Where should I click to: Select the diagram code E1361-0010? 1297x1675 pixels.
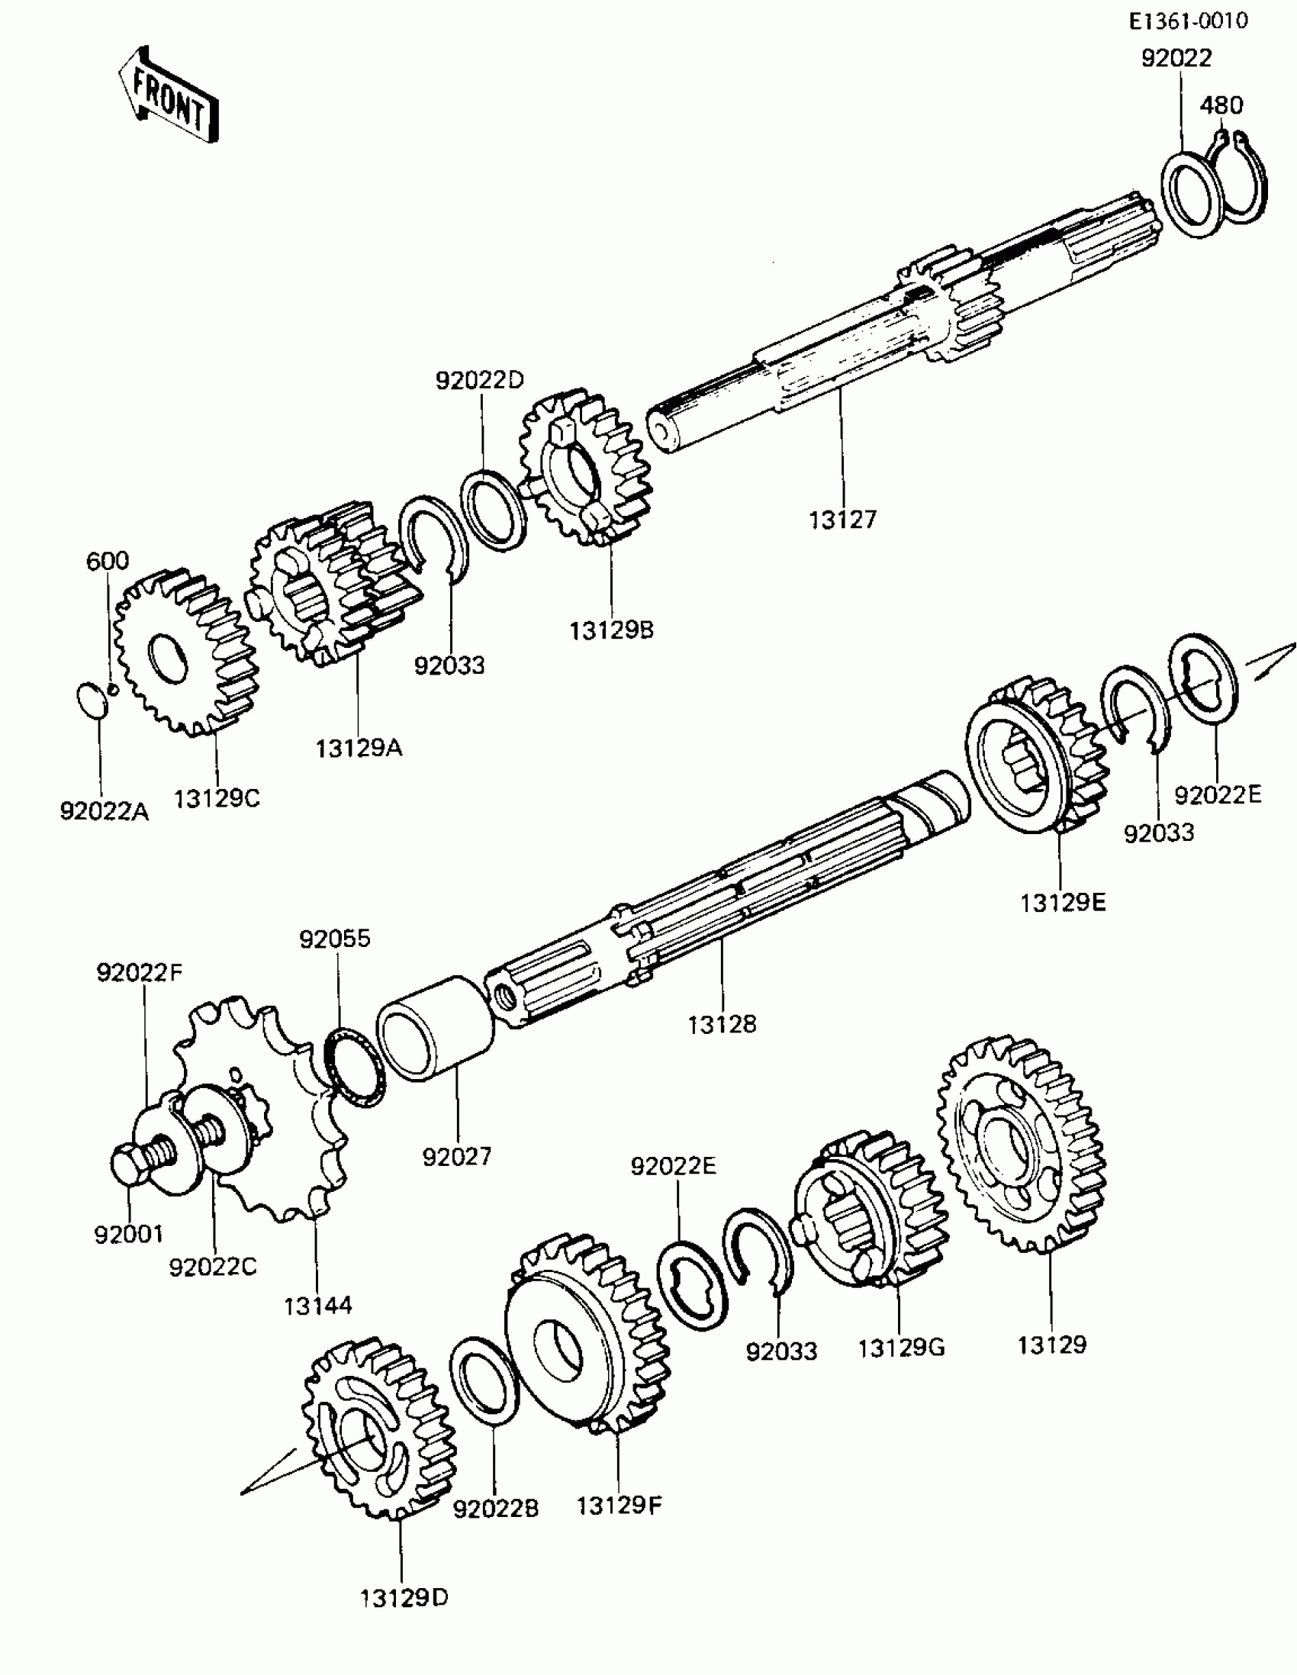pyautogui.click(x=1188, y=21)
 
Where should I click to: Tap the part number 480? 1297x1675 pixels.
pyautogui.click(x=1221, y=105)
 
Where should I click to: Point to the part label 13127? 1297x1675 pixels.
pyautogui.click(x=842, y=520)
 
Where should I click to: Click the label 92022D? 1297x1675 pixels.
pyautogui.click(x=479, y=379)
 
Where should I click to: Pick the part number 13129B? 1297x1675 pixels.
pyautogui.click(x=611, y=630)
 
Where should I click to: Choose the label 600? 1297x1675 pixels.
pyautogui.click(x=108, y=561)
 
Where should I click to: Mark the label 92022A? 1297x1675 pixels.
pyautogui.click(x=105, y=811)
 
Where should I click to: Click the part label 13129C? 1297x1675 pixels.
pyautogui.click(x=217, y=799)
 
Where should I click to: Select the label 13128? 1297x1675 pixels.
pyautogui.click(x=722, y=1024)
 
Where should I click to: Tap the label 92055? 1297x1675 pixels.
pyautogui.click(x=335, y=939)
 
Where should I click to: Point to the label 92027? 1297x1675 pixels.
pyautogui.click(x=457, y=1157)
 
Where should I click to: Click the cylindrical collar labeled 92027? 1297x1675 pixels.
pyautogui.click(x=436, y=1029)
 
